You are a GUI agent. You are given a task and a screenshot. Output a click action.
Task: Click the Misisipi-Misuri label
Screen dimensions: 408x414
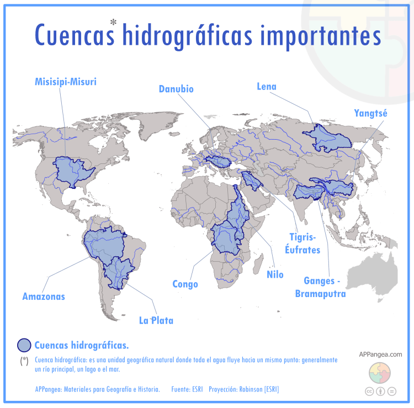65,82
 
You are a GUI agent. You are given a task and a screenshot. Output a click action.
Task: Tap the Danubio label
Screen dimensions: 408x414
176,89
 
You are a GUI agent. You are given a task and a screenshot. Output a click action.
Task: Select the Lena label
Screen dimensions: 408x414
267,86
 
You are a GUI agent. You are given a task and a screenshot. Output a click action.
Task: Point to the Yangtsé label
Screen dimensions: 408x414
370,114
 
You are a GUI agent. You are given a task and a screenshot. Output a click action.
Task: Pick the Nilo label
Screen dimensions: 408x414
275,274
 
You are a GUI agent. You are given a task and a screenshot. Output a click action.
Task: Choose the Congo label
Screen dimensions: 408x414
185,284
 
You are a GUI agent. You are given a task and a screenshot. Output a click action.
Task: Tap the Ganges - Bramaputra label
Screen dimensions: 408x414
322,288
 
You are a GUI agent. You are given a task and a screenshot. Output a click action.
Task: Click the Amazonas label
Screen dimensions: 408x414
44,296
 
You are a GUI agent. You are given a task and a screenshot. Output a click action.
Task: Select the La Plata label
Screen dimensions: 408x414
156,320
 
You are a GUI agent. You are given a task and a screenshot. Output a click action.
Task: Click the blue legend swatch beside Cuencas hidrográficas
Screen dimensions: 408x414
24,346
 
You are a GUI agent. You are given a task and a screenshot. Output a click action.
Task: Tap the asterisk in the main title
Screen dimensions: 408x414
113,22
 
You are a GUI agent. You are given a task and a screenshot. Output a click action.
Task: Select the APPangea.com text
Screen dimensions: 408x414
380,354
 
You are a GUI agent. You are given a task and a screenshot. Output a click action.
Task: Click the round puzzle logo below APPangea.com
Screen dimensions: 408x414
380,373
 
